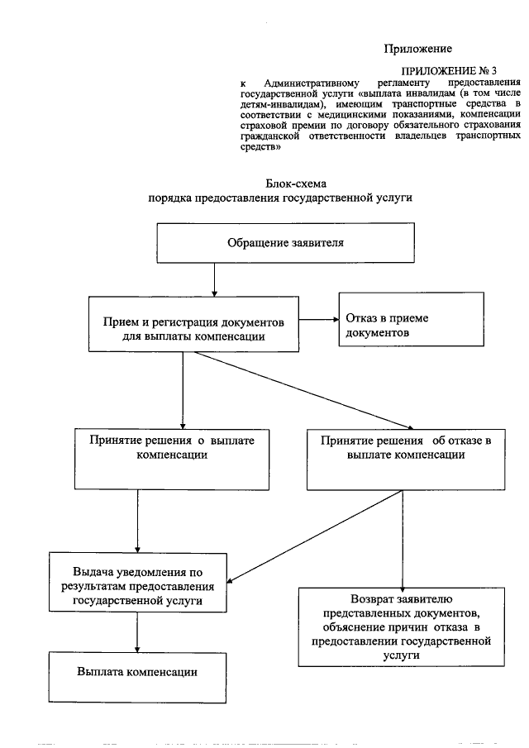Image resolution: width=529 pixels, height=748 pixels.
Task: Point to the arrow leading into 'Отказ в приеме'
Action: (x=319, y=319)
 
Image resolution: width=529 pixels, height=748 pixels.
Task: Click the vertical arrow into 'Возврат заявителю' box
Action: (x=403, y=537)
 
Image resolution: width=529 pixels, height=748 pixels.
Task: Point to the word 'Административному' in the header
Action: (x=309, y=84)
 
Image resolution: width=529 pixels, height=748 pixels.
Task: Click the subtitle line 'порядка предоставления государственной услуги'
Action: (x=279, y=198)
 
